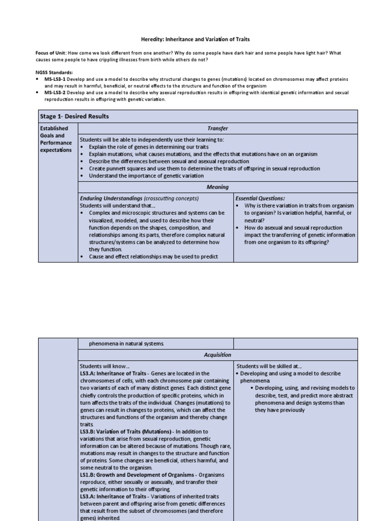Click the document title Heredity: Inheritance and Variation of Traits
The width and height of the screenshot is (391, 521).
pyautogui.click(x=195, y=39)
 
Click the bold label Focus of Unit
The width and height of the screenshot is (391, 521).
pyautogui.click(x=51, y=53)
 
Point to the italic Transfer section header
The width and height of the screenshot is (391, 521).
pyautogui.click(x=217, y=129)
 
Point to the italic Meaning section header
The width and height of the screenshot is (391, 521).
pyautogui.click(x=217, y=187)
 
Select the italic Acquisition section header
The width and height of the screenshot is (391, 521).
pyautogui.click(x=217, y=355)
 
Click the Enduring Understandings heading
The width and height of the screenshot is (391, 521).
pyautogui.click(x=111, y=198)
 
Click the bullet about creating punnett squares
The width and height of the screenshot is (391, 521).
pyautogui.click(x=204, y=168)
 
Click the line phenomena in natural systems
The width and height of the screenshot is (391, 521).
pyautogui.click(x=127, y=344)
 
